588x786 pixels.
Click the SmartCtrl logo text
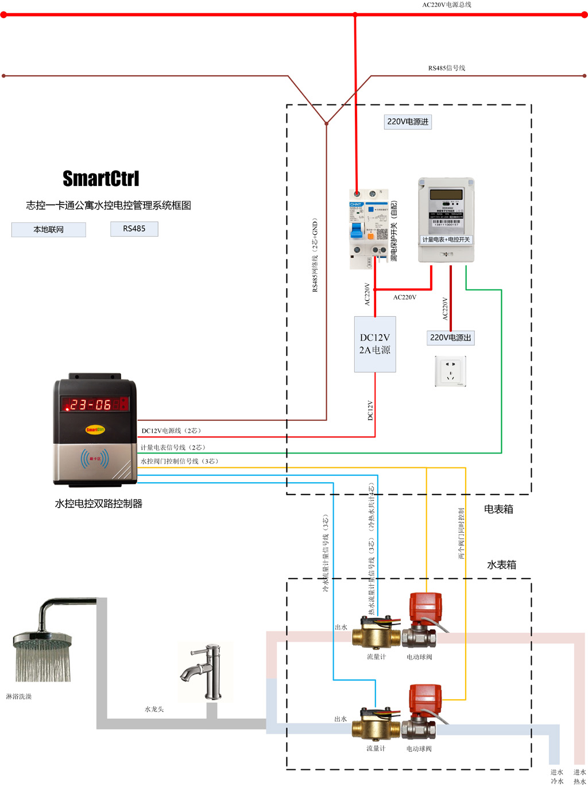click(x=100, y=179)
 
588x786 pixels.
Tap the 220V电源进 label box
click(x=408, y=122)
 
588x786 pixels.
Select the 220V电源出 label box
click(x=450, y=338)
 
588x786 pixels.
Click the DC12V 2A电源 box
click(x=375, y=344)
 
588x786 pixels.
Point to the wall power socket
click(x=450, y=371)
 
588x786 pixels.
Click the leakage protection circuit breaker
click(x=369, y=229)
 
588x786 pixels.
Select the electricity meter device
click(x=446, y=220)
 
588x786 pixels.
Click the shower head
click(x=42, y=649)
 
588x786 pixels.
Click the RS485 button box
click(x=134, y=229)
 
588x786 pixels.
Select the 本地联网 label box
click(x=49, y=230)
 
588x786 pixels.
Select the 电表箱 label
click(x=498, y=509)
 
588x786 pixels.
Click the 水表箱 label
click(x=501, y=565)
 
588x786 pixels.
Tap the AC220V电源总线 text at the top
click(x=447, y=5)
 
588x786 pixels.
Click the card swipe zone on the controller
click(x=95, y=459)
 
